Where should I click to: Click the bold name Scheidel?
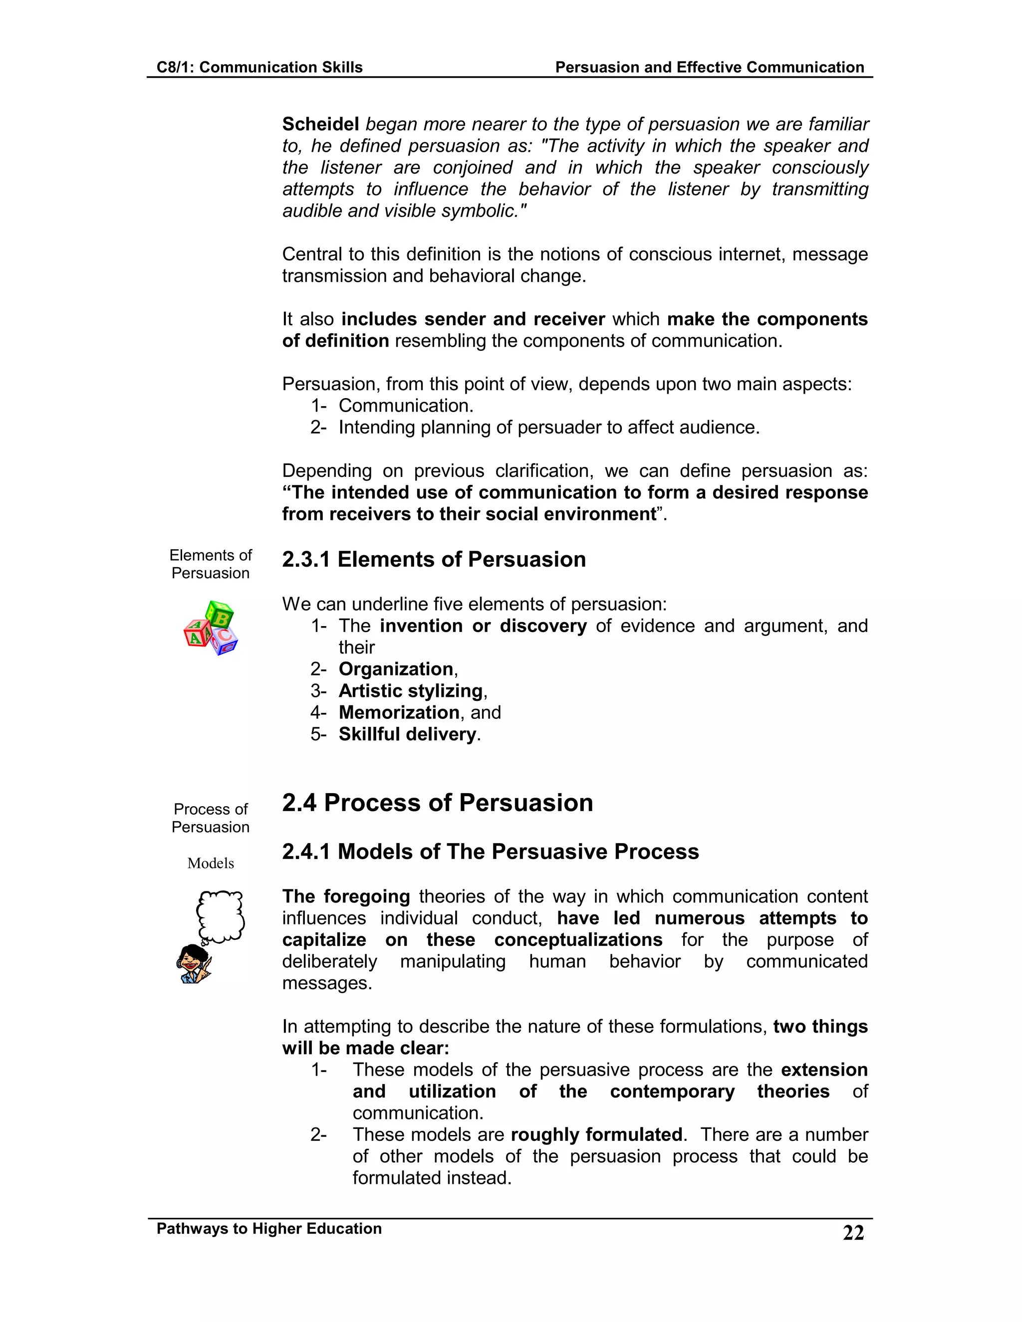point(320,124)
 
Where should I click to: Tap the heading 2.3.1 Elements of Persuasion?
point(434,559)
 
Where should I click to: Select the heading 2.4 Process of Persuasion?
point(437,803)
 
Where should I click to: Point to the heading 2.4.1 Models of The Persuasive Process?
point(490,852)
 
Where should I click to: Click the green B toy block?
point(221,616)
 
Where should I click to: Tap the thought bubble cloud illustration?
point(221,916)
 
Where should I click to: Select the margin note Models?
point(210,863)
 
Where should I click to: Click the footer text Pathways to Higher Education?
point(269,1228)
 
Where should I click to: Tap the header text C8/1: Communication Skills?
point(259,67)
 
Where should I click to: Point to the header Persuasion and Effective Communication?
point(709,67)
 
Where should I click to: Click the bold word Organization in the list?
point(395,669)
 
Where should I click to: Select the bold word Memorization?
point(398,712)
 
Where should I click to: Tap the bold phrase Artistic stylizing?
point(410,690)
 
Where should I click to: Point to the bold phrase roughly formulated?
point(596,1134)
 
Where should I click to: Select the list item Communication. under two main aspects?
point(405,406)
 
